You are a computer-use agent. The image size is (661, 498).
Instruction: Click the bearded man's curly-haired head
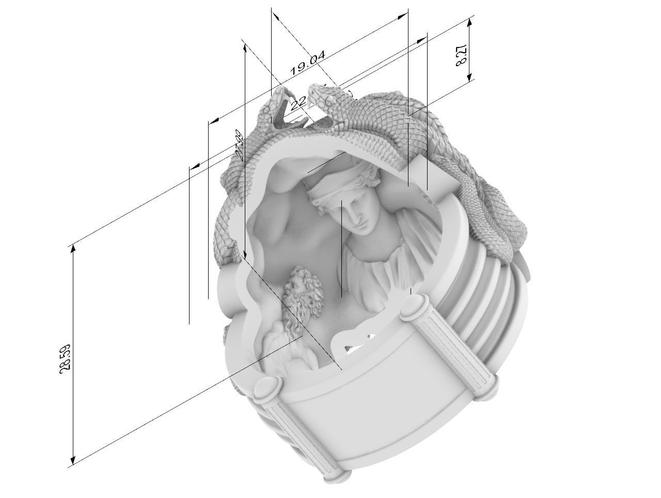[302, 287]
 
